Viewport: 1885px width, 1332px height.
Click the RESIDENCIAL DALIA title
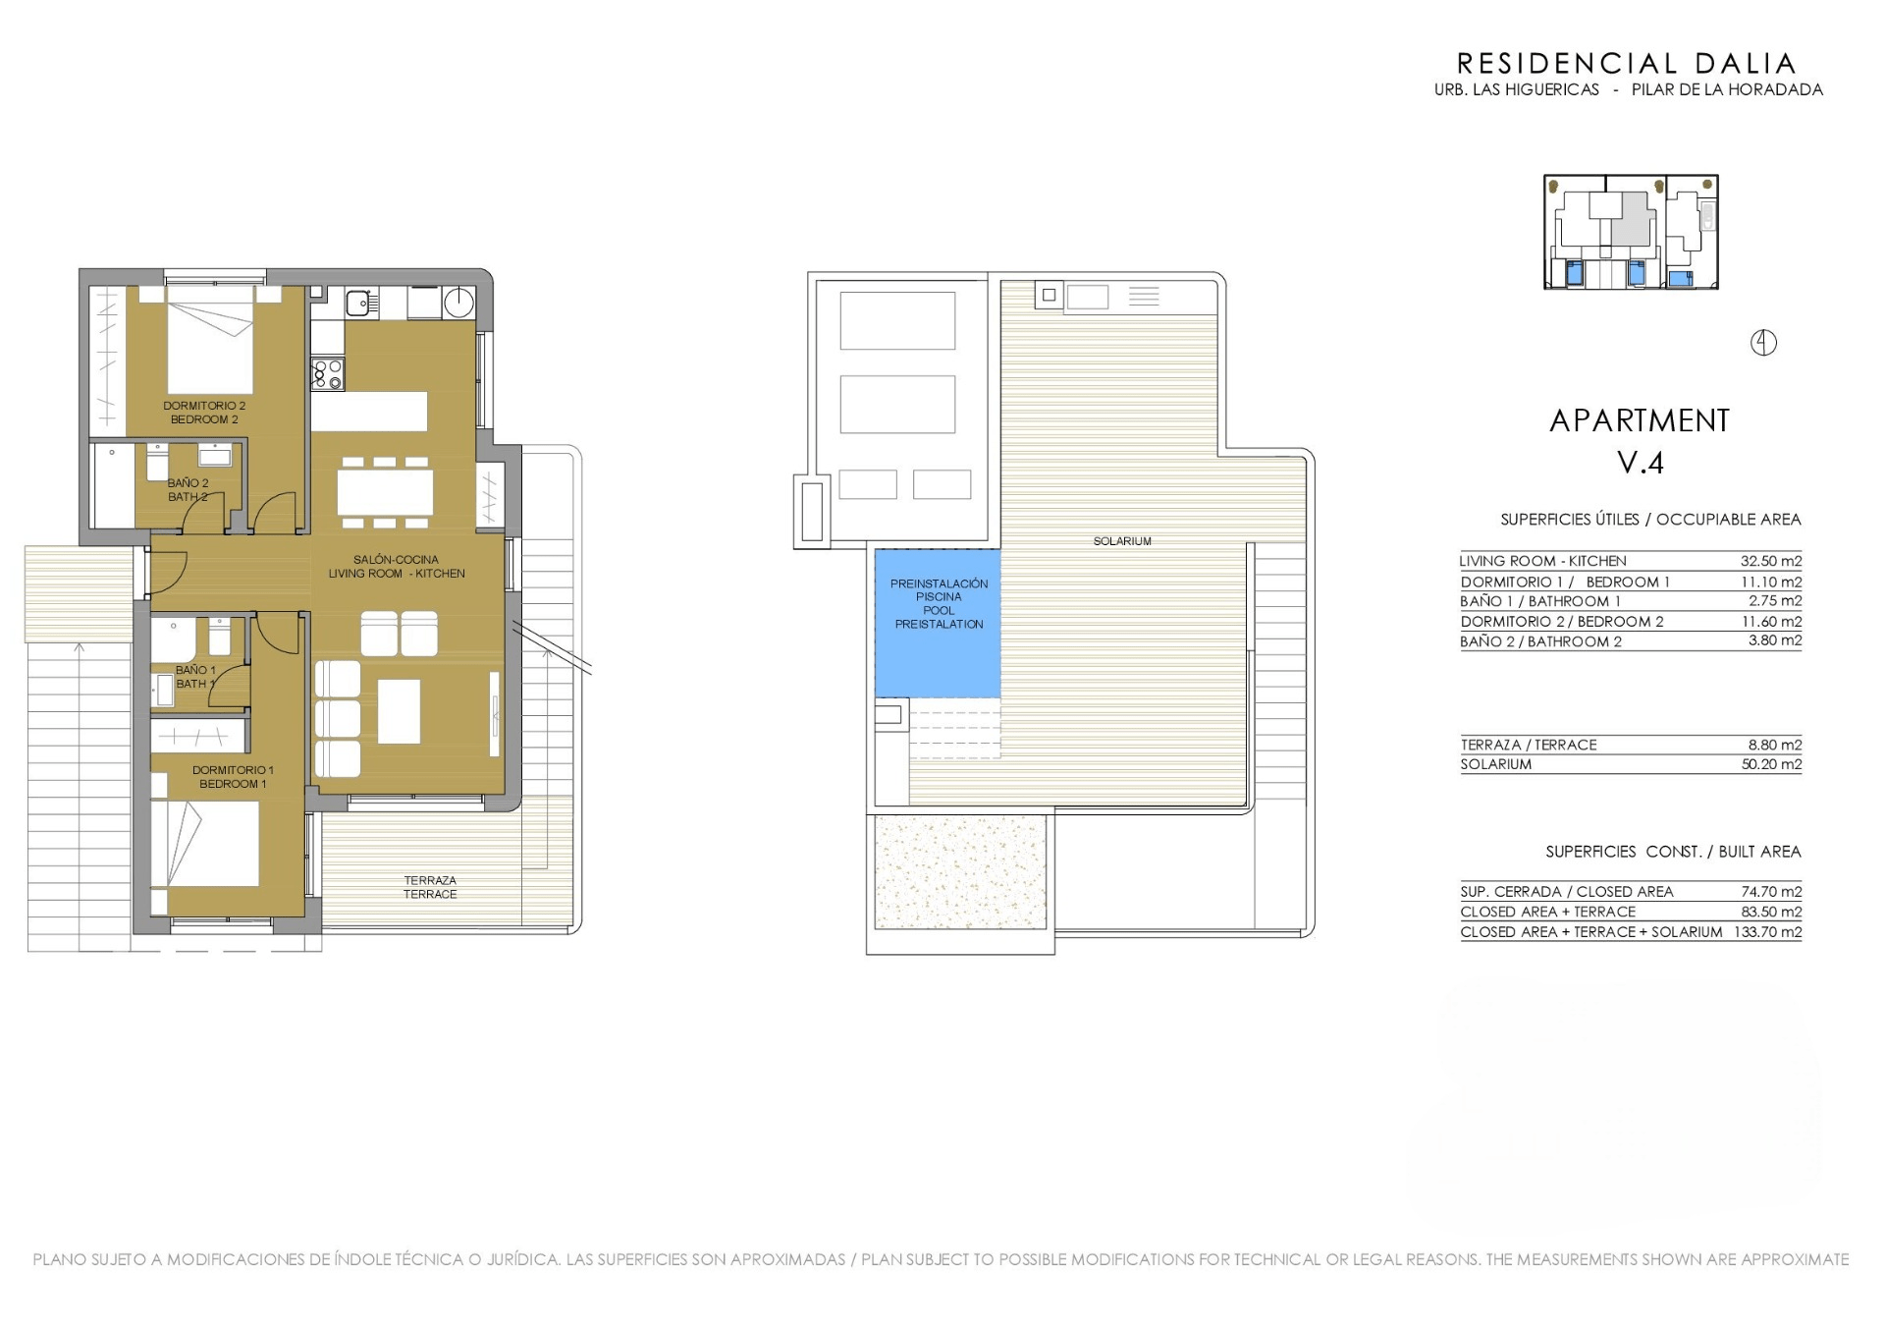tap(1626, 64)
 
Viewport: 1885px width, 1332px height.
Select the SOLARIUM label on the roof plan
tap(1122, 541)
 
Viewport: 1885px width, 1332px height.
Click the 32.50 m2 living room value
tap(1771, 561)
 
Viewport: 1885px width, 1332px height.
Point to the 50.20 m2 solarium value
tap(1771, 764)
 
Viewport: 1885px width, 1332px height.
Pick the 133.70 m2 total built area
tap(1767, 932)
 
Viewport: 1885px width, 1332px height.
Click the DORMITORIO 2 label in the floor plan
tap(204, 406)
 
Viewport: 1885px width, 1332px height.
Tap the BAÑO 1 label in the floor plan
tap(195, 670)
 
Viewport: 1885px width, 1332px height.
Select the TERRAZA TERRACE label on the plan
tap(430, 887)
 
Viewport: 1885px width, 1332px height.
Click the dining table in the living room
tap(385, 491)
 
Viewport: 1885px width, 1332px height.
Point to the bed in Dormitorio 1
tap(213, 843)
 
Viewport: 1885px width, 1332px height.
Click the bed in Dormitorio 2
tap(210, 340)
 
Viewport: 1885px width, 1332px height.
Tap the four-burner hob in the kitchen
tap(328, 374)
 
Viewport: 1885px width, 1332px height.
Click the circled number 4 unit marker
tap(1763, 343)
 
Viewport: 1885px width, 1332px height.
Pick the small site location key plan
tap(1631, 232)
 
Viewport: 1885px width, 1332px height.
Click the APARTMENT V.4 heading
tap(1640, 441)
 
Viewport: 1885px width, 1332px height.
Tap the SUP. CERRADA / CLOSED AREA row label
tap(1567, 892)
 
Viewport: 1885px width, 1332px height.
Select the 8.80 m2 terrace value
tap(1775, 745)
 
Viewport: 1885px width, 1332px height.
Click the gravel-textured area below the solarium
tap(959, 872)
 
